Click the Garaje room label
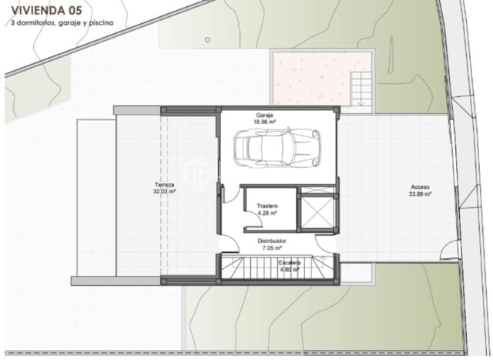click(x=266, y=115)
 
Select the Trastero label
click(x=267, y=207)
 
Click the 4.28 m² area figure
click(x=267, y=214)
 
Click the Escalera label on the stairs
click(x=290, y=263)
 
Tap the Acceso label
click(x=420, y=187)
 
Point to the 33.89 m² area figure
click(x=420, y=194)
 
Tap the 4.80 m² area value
click(x=290, y=270)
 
